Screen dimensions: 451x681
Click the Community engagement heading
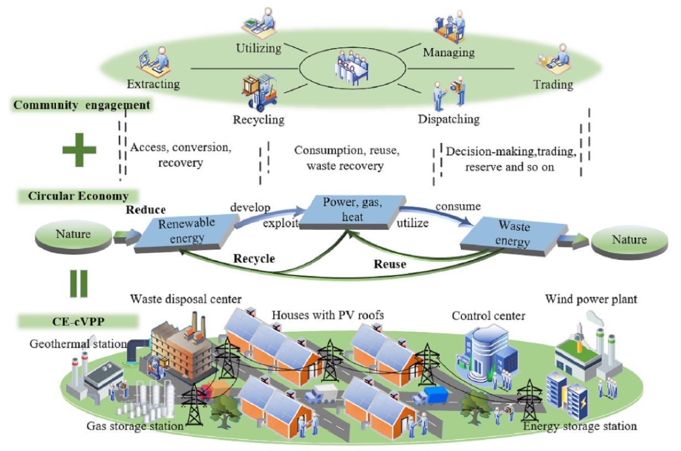tap(82, 105)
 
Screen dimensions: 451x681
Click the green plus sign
tap(79, 149)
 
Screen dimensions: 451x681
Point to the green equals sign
tap(79, 282)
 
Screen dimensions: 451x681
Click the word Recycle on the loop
tap(254, 258)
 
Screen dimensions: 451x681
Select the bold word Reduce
tap(146, 210)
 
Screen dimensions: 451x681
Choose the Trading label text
tap(553, 85)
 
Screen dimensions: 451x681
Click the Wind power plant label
tap(591, 300)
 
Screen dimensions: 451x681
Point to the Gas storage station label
tap(135, 426)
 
